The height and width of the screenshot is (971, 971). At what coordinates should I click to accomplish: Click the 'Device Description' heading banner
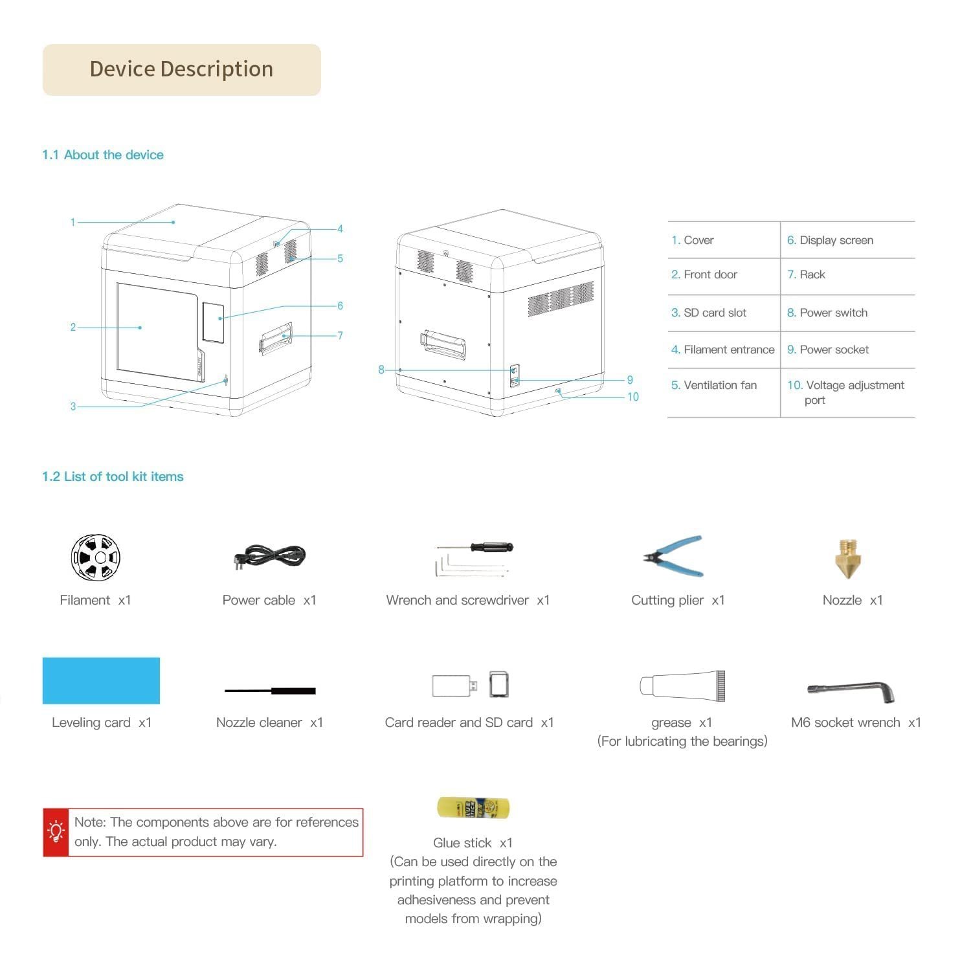pyautogui.click(x=181, y=70)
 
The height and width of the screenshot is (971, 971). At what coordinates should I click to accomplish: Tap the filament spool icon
pyautogui.click(x=95, y=557)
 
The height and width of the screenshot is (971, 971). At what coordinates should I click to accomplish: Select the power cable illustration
pyautogui.click(x=269, y=557)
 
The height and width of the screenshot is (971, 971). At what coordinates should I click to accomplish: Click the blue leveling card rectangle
pyautogui.click(x=101, y=680)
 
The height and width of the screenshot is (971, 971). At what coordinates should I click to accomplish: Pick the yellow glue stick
pyautogui.click(x=473, y=807)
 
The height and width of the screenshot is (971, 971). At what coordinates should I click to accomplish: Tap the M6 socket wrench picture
pyautogui.click(x=851, y=691)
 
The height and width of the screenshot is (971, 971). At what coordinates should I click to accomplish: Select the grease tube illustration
pyautogui.click(x=682, y=686)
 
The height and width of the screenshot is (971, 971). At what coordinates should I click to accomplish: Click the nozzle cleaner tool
pyautogui.click(x=270, y=691)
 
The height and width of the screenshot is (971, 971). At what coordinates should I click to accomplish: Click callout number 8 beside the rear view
pyautogui.click(x=381, y=370)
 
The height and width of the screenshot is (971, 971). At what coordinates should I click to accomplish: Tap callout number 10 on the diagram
pyautogui.click(x=632, y=397)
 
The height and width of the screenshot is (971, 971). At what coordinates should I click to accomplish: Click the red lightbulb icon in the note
pyautogui.click(x=56, y=832)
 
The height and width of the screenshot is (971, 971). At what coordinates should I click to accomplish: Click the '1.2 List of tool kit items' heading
pyautogui.click(x=113, y=476)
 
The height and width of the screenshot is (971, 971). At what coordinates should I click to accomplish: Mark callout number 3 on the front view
pyautogui.click(x=73, y=407)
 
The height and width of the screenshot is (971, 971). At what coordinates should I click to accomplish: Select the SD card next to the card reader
pyautogui.click(x=499, y=685)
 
